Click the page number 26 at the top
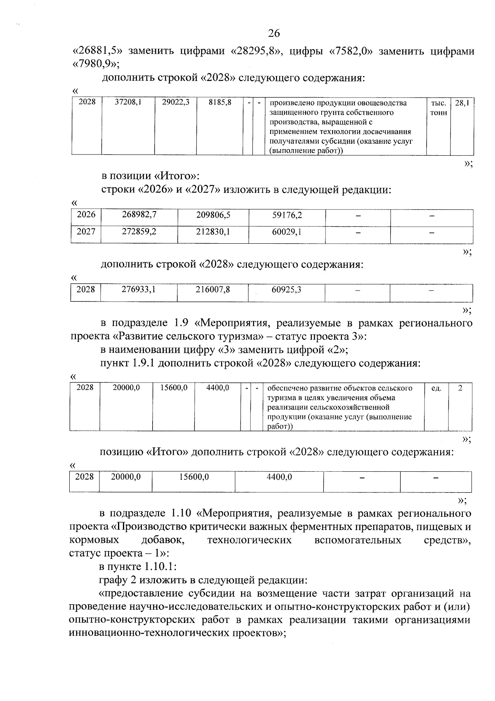coord(273,33)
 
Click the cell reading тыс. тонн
coord(438,107)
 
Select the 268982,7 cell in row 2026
coord(139,215)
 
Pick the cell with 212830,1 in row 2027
coord(213,232)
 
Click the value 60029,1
coord(287,232)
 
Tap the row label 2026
coord(86,215)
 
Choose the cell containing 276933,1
coord(138,290)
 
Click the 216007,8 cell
coord(212,290)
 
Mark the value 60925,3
coord(286,290)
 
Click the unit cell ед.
coord(436,388)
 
